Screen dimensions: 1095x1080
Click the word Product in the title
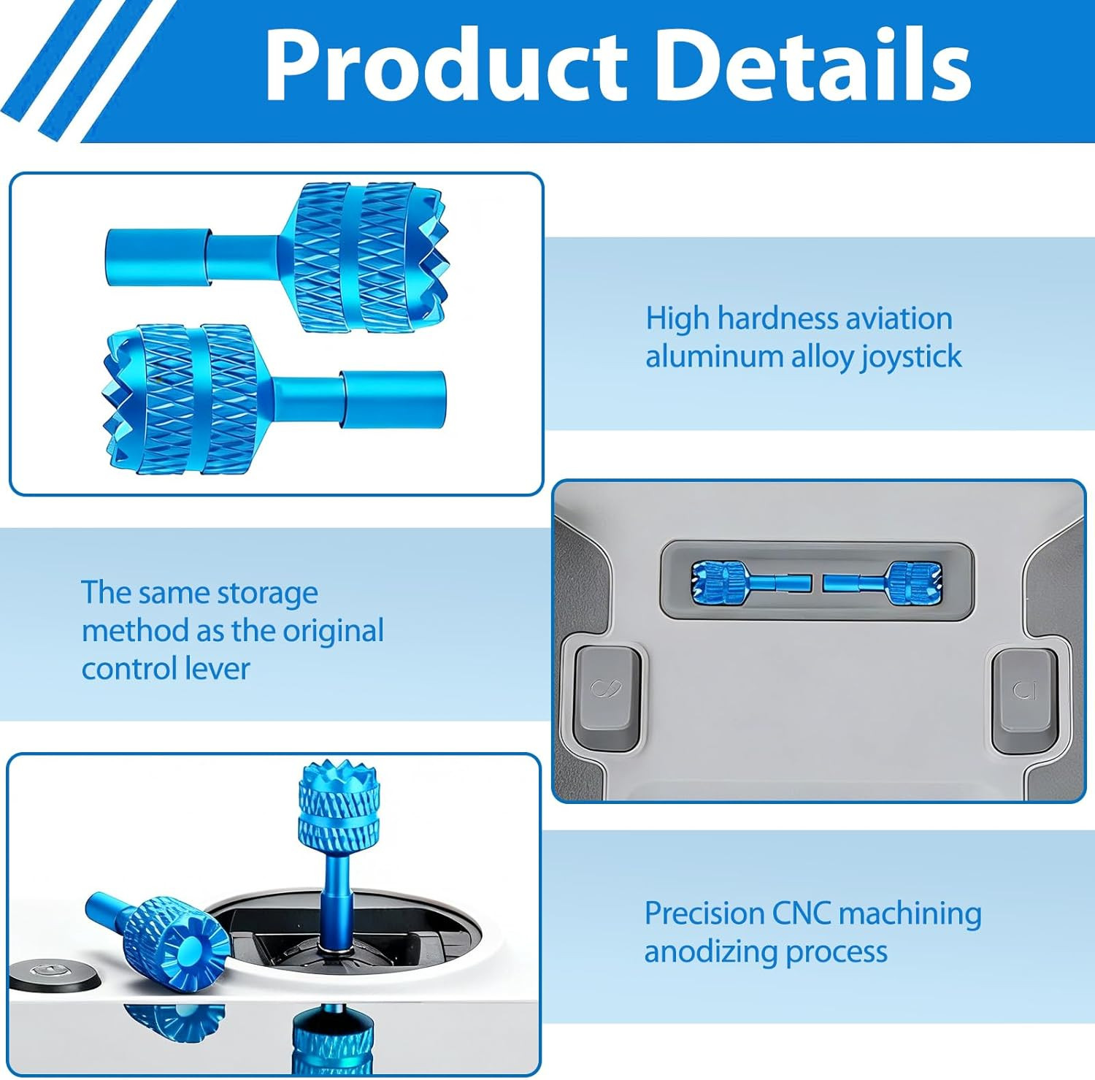446,64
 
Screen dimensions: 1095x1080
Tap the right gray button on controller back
1025,698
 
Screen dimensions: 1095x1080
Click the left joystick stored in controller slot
751,582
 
